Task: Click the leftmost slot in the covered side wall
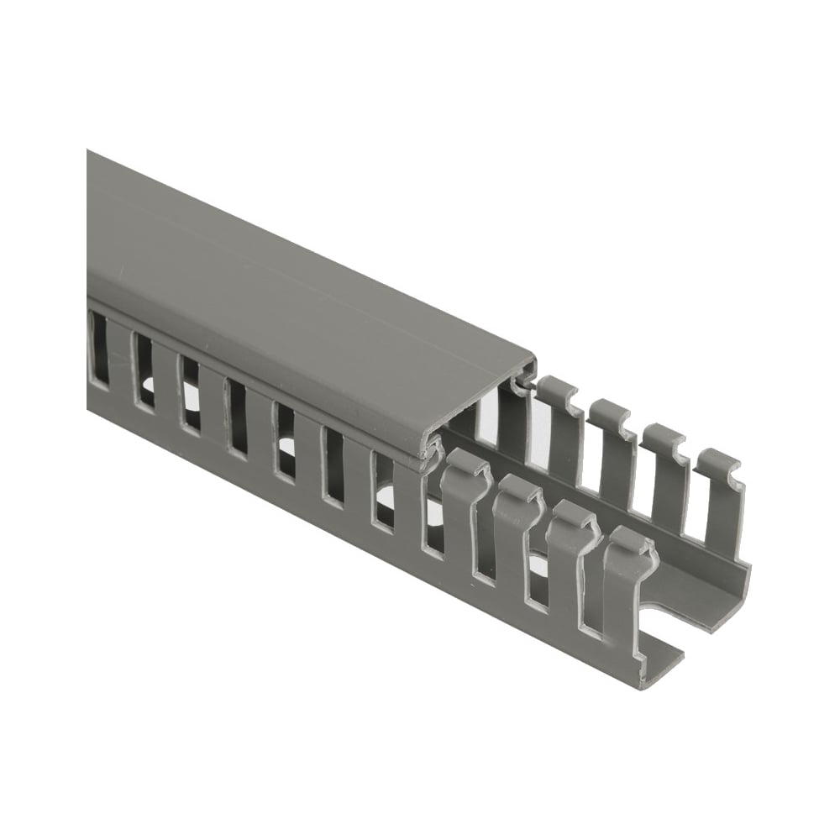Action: click(x=97, y=346)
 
